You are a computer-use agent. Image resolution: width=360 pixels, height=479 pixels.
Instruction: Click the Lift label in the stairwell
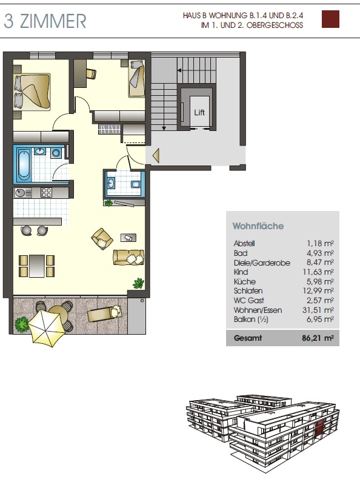199,112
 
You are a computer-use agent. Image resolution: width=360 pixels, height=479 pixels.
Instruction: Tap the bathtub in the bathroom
24,165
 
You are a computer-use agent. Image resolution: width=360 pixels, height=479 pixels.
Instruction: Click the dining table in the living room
37,266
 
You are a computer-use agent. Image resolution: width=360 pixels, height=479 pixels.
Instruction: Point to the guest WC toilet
136,184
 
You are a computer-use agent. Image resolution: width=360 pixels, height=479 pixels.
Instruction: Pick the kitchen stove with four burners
47,192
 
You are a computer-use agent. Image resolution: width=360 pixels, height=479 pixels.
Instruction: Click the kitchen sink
23,193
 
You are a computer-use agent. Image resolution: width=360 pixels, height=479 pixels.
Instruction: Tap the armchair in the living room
102,238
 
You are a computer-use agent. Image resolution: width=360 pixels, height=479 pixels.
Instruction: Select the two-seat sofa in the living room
128,257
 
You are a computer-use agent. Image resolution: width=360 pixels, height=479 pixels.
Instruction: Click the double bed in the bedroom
32,92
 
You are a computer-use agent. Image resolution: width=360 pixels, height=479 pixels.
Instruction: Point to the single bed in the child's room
136,79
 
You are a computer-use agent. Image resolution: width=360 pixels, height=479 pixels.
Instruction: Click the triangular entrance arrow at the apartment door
156,155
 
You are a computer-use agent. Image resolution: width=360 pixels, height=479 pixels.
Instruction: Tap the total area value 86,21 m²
318,338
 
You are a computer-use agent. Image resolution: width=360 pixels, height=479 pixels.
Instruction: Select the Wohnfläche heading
258,226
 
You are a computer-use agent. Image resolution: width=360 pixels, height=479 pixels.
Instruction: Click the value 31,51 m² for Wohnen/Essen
318,310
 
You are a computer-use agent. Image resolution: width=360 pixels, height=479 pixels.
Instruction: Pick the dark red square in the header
330,19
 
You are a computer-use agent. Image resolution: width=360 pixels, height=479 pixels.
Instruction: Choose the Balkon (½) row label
251,320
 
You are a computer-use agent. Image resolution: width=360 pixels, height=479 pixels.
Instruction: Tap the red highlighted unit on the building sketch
319,427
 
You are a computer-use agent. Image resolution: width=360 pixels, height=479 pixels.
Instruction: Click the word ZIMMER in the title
53,21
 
